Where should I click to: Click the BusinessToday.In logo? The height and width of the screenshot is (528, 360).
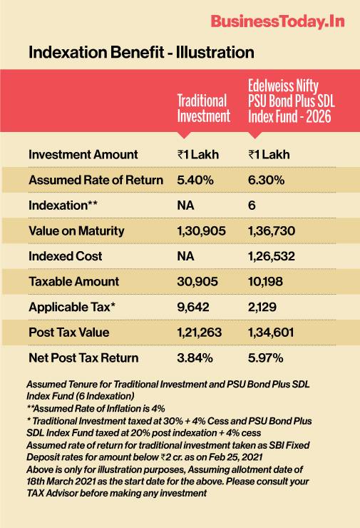[278, 21]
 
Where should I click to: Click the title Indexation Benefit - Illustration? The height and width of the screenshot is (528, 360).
[141, 53]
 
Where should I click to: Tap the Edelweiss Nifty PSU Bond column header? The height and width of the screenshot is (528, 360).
[292, 101]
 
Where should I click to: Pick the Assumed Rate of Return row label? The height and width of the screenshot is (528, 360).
[96, 180]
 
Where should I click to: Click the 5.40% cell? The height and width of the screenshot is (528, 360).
[195, 180]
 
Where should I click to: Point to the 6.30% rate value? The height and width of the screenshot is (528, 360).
[266, 180]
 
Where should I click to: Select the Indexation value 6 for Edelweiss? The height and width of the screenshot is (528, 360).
[252, 205]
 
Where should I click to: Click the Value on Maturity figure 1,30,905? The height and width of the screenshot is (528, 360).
[201, 230]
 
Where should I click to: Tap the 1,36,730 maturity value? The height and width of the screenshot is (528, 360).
[272, 230]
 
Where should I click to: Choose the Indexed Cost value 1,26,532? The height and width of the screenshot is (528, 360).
[271, 256]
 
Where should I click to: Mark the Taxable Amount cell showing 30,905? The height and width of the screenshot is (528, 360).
[197, 282]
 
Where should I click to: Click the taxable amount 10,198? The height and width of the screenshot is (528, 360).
[265, 282]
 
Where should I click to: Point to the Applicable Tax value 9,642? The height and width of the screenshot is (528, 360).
[193, 307]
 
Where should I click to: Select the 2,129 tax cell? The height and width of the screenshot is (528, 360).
[262, 307]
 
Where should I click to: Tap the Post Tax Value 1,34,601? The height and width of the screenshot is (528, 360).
[271, 332]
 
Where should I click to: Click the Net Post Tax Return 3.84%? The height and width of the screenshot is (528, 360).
[195, 357]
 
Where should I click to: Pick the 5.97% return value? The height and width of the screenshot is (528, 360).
[265, 357]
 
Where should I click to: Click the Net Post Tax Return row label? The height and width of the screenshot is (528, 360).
[83, 357]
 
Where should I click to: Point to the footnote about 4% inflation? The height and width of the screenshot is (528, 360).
[96, 408]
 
